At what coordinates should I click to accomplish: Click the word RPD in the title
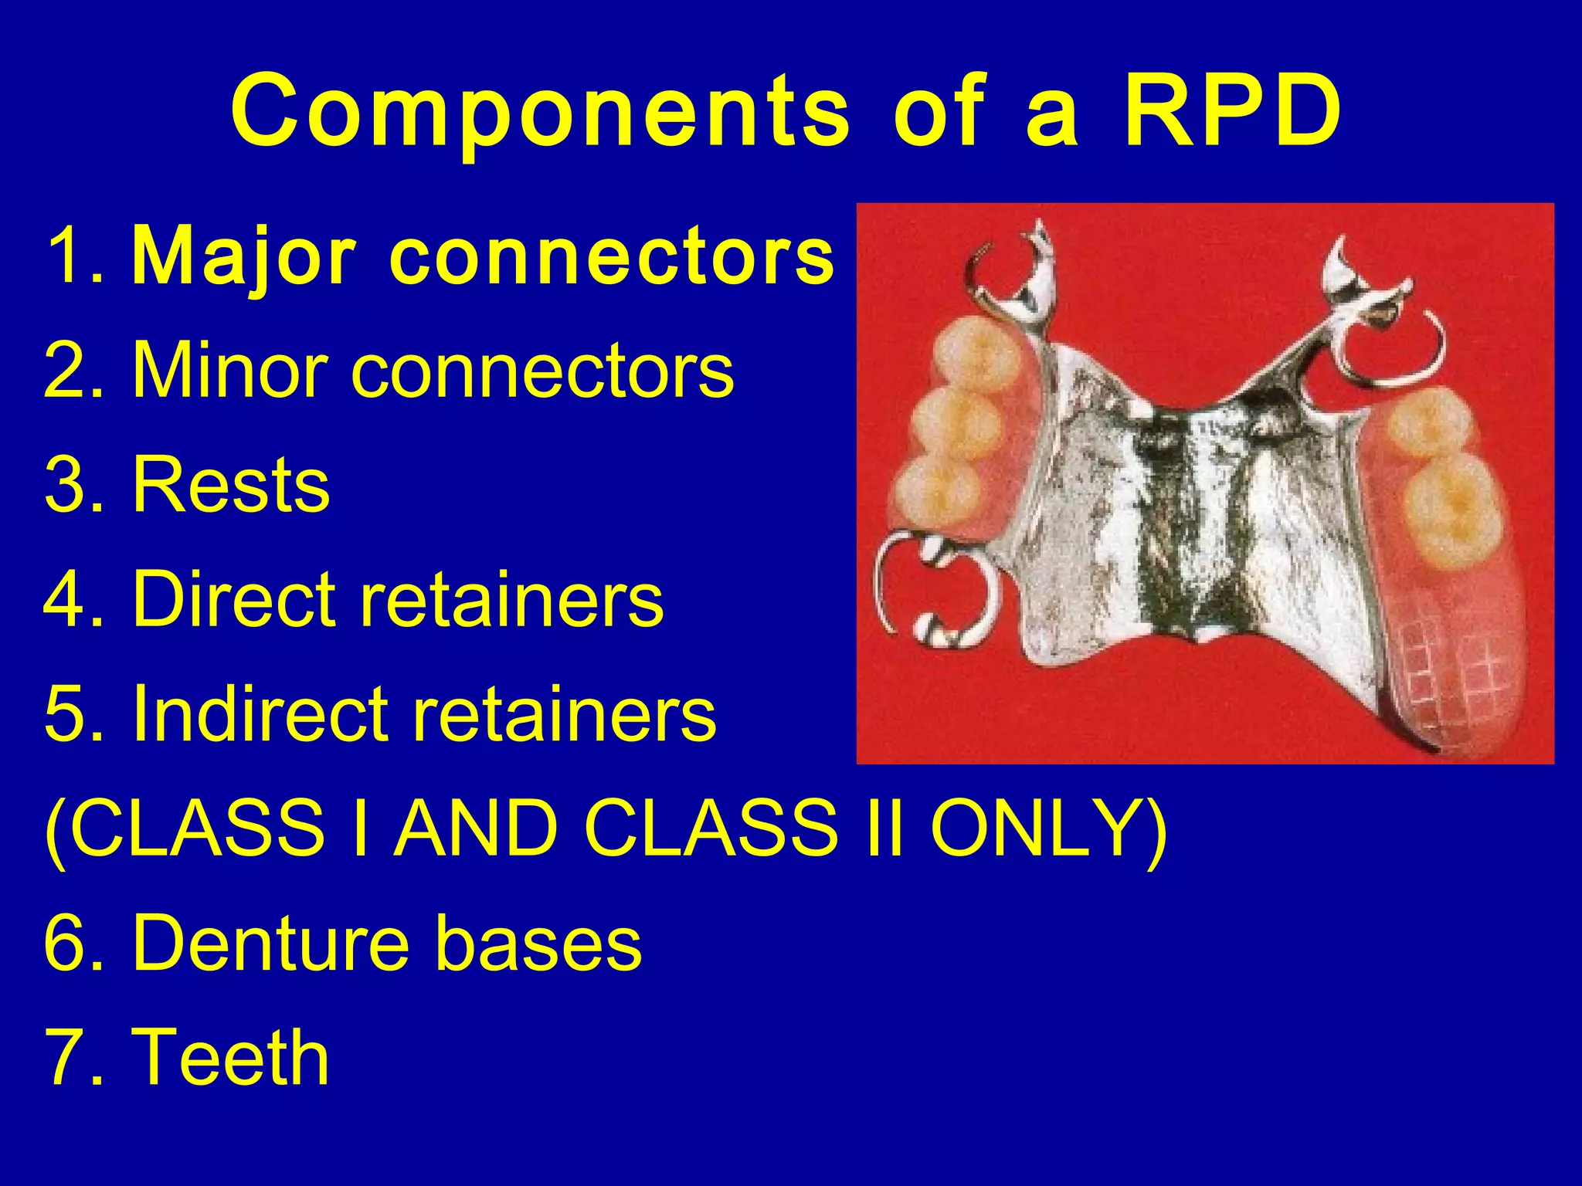(1231, 112)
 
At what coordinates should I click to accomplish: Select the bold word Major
(244, 256)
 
